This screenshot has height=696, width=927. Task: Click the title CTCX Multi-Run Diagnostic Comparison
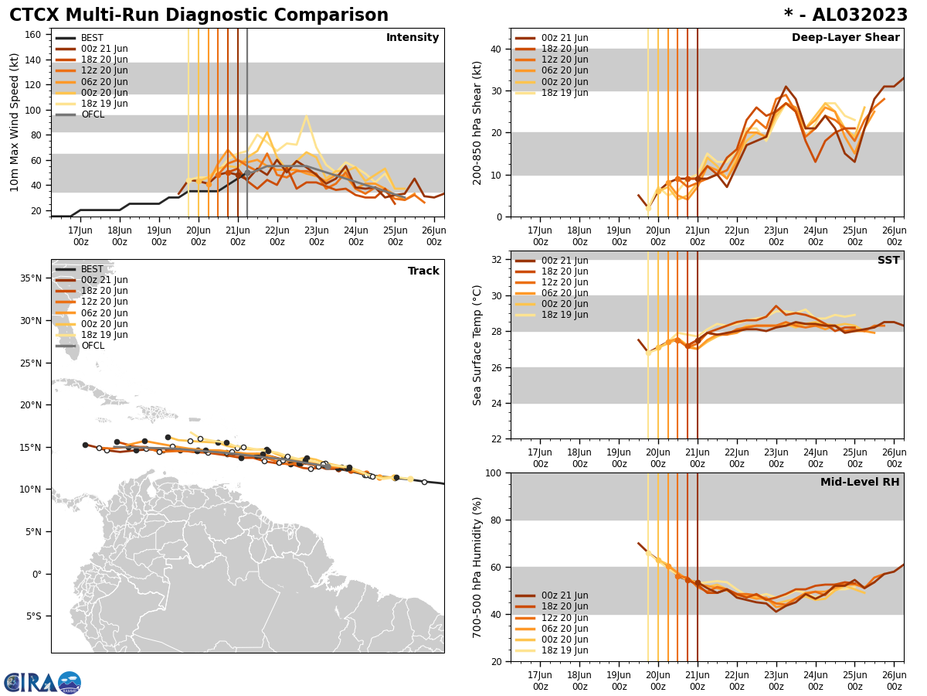[x=199, y=15]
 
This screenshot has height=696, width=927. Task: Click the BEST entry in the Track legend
[x=92, y=269]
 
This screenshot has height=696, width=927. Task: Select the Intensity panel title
[x=412, y=38]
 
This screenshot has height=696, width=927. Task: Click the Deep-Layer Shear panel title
[x=845, y=38]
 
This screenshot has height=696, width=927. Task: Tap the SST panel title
[x=888, y=261]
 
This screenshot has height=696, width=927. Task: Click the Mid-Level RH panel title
[x=859, y=483]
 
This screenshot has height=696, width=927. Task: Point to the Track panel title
[x=423, y=271]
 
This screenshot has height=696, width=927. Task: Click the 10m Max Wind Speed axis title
[x=15, y=122]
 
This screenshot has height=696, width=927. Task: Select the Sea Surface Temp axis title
[x=477, y=345]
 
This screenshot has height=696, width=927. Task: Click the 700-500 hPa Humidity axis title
[x=477, y=567]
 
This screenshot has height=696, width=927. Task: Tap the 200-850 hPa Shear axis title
[x=477, y=122]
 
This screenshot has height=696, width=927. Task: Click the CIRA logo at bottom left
[x=42, y=682]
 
